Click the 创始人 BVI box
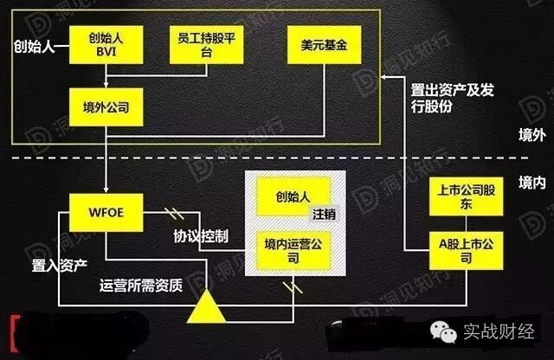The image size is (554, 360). point(106,43)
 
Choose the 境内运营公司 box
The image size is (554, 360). point(293,250)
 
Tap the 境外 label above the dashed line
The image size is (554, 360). point(530,135)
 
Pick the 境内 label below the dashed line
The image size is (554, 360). point(530,182)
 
